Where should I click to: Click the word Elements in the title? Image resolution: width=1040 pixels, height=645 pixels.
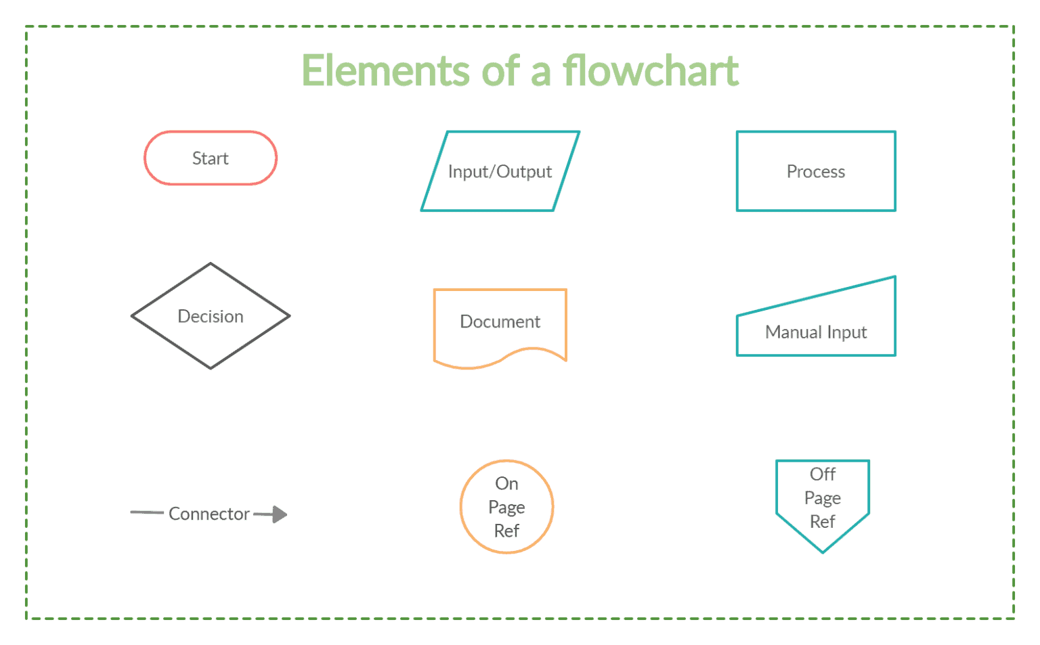click(x=385, y=71)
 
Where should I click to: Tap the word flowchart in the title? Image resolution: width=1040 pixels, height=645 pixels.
click(x=651, y=71)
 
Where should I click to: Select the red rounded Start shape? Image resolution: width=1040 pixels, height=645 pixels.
click(x=211, y=158)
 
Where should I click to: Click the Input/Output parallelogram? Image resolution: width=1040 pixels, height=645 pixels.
click(x=500, y=171)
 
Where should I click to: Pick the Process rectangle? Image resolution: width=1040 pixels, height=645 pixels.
click(x=816, y=171)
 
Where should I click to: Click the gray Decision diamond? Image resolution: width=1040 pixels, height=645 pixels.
click(x=211, y=316)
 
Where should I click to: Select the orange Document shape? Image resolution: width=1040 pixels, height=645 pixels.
click(x=500, y=321)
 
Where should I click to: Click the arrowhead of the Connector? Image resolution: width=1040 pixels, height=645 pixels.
click(x=280, y=514)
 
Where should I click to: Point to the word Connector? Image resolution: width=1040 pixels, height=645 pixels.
click(x=209, y=514)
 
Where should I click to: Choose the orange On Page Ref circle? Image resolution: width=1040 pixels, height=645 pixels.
click(x=506, y=507)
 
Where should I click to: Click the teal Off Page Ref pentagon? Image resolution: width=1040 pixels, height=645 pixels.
click(x=823, y=501)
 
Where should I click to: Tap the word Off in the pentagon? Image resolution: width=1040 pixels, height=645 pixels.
click(x=823, y=474)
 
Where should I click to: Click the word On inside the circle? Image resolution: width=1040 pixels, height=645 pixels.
click(x=506, y=483)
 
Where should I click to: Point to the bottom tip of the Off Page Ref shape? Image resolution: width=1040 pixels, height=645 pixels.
click(x=823, y=552)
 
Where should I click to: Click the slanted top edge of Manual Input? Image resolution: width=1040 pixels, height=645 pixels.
click(x=816, y=296)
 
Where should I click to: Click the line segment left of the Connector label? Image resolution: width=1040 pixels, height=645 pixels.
click(x=147, y=513)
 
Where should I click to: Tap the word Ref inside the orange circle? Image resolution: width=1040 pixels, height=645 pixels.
click(x=506, y=531)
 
